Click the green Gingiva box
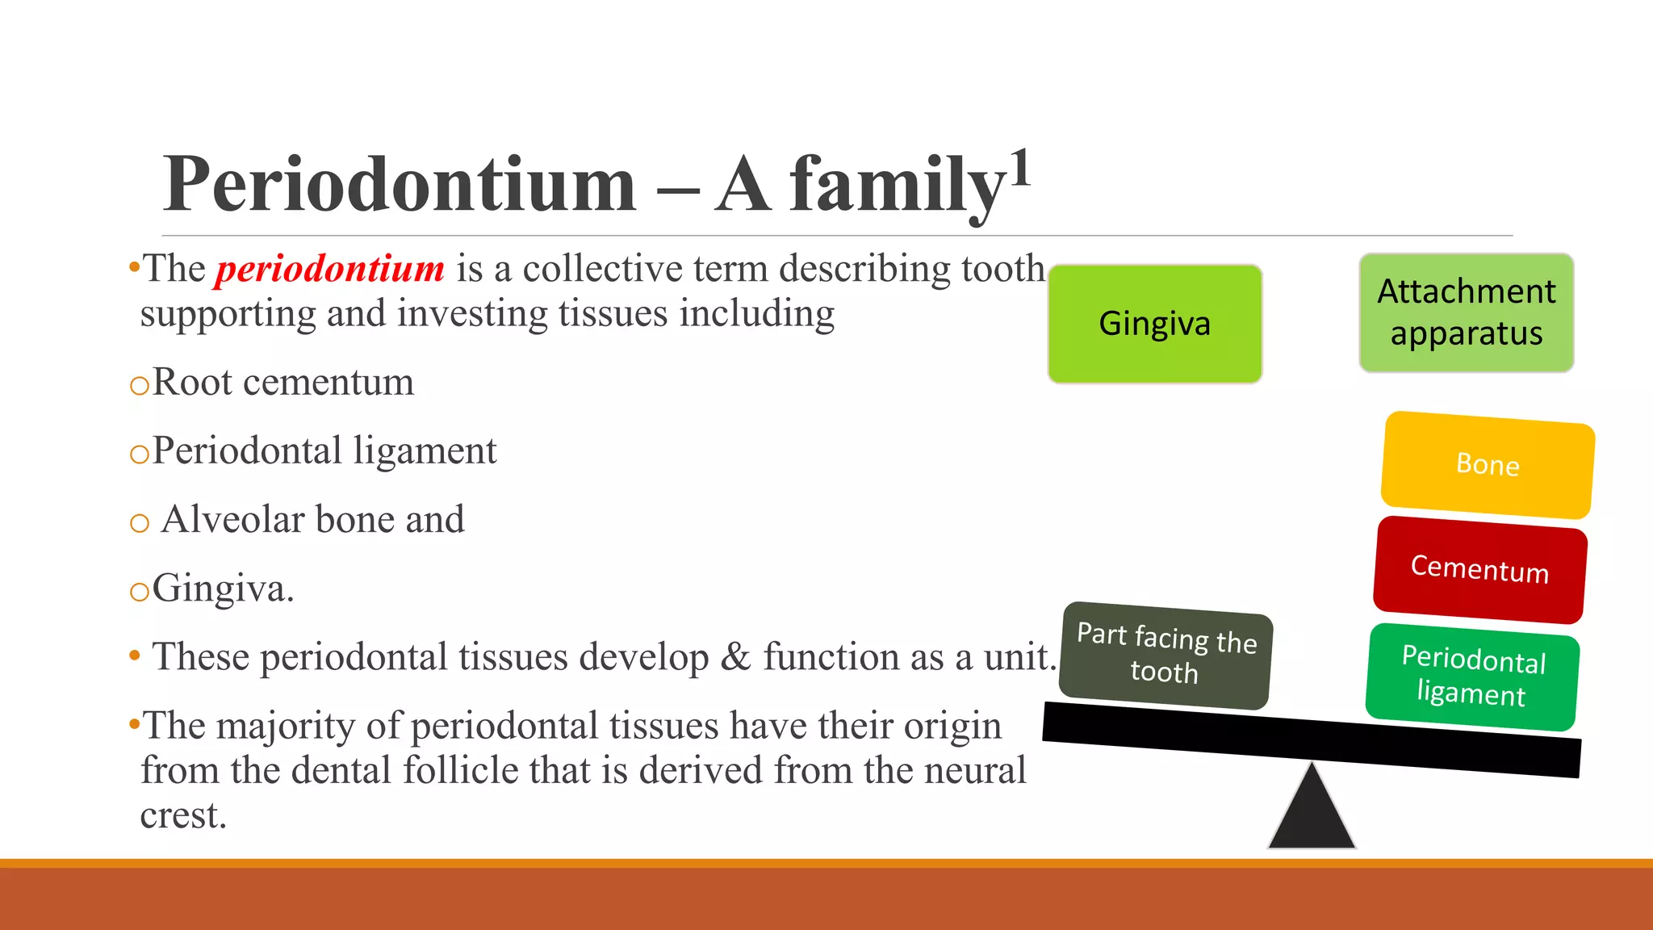[1154, 324]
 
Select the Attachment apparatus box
[1466, 312]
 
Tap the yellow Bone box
[1488, 465]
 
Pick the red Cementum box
[1479, 569]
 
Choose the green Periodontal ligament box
[1472, 677]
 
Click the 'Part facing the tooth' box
[1165, 655]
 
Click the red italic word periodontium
[329, 269]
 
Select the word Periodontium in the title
[400, 185]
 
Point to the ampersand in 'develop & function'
[734, 656]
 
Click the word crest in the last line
[182, 815]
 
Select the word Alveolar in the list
[233, 519]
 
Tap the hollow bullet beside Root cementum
[140, 386]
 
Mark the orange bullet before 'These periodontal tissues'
[135, 656]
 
